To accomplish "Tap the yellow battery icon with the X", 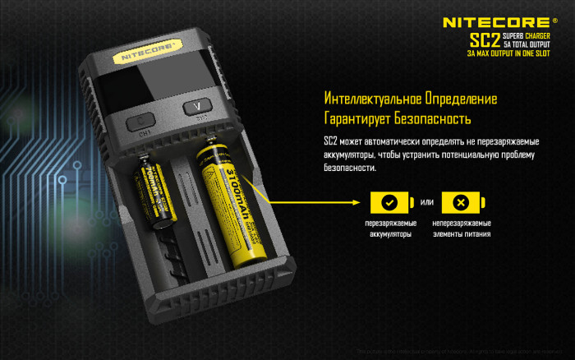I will [460, 202].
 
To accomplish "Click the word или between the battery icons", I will [425, 203].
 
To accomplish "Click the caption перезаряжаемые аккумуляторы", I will [390, 228].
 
